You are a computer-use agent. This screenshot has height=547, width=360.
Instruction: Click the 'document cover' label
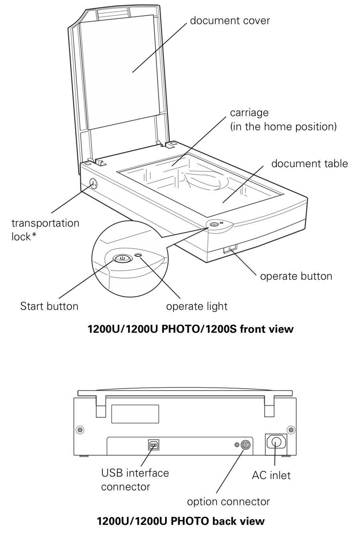(x=230, y=20)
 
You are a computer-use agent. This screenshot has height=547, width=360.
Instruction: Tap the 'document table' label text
(x=309, y=164)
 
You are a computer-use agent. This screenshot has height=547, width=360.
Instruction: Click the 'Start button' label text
(x=49, y=306)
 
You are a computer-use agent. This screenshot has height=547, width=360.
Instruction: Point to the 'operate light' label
(x=197, y=306)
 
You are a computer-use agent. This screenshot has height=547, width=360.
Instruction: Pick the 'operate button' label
(x=296, y=277)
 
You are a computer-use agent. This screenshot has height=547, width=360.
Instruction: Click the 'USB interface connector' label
(x=135, y=479)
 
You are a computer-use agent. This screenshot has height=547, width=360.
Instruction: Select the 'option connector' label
(x=228, y=502)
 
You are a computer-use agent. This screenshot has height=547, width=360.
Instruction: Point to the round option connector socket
(x=246, y=445)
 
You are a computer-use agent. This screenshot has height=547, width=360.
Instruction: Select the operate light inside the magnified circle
(x=139, y=256)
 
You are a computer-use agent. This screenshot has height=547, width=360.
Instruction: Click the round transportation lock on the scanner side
(x=93, y=184)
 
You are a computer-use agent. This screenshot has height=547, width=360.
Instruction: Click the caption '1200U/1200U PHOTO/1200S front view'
(x=190, y=330)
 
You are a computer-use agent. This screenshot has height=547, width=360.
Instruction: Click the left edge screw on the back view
(x=80, y=430)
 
